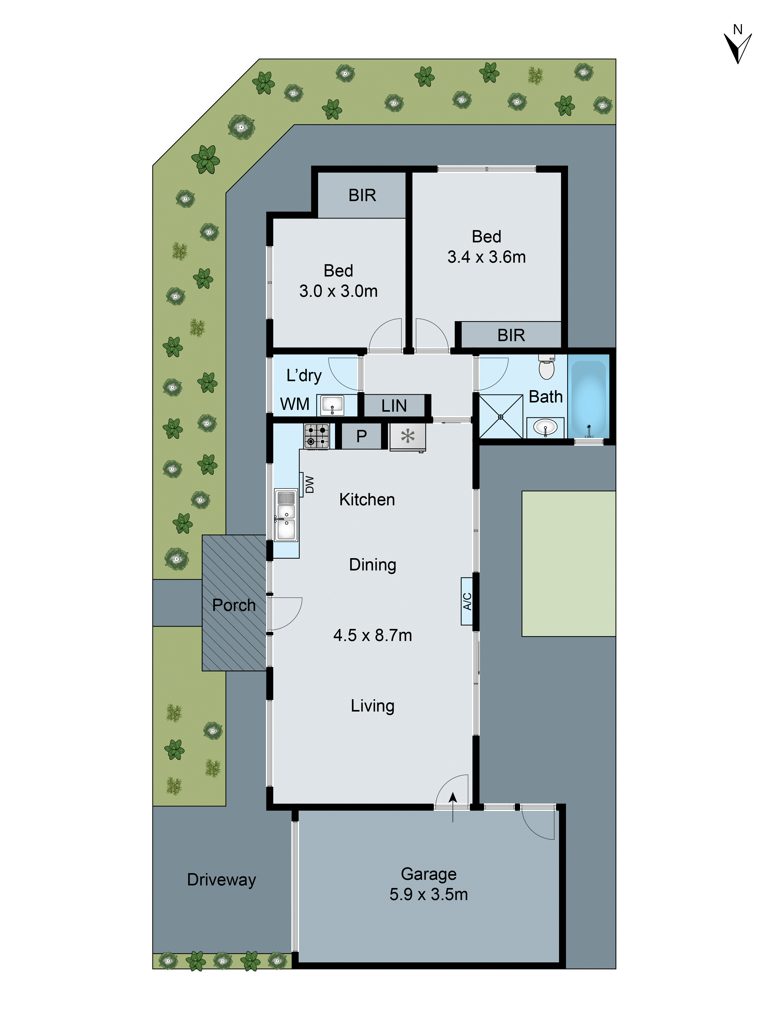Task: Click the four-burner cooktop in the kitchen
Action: tap(317, 436)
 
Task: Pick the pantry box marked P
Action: tap(361, 436)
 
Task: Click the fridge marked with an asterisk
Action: tap(408, 437)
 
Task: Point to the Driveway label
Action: tap(221, 880)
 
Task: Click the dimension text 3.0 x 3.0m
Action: tap(338, 291)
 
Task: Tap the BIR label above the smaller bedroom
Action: tap(362, 195)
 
